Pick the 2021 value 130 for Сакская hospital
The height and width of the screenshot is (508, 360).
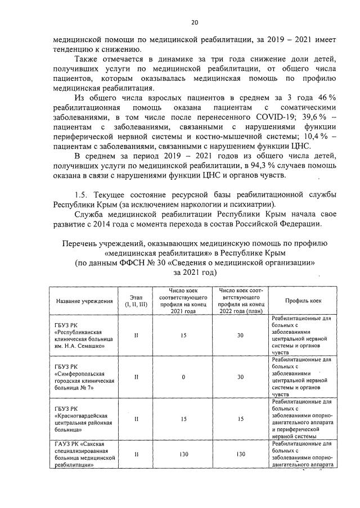[x=183, y=455]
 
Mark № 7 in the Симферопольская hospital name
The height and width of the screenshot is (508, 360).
[x=83, y=388]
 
